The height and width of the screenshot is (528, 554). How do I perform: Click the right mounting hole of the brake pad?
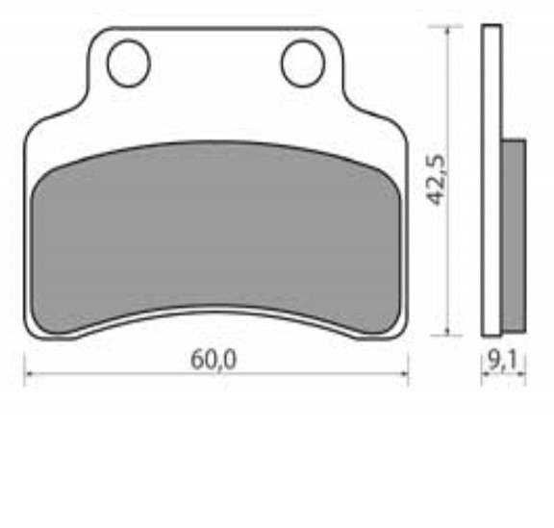point(302,63)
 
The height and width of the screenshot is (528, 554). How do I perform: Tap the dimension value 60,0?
point(214,359)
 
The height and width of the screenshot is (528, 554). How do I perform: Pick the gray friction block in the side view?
point(514,236)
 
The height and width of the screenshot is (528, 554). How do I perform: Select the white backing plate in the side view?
point(491,183)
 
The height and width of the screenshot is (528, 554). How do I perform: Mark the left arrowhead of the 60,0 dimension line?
point(29,375)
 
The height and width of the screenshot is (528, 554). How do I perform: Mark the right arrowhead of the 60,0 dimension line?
point(403,375)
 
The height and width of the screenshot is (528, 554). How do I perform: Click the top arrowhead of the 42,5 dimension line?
point(448,32)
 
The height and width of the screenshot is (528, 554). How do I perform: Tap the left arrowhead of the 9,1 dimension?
point(485,375)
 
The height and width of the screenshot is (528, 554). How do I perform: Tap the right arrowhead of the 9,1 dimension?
point(522,375)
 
